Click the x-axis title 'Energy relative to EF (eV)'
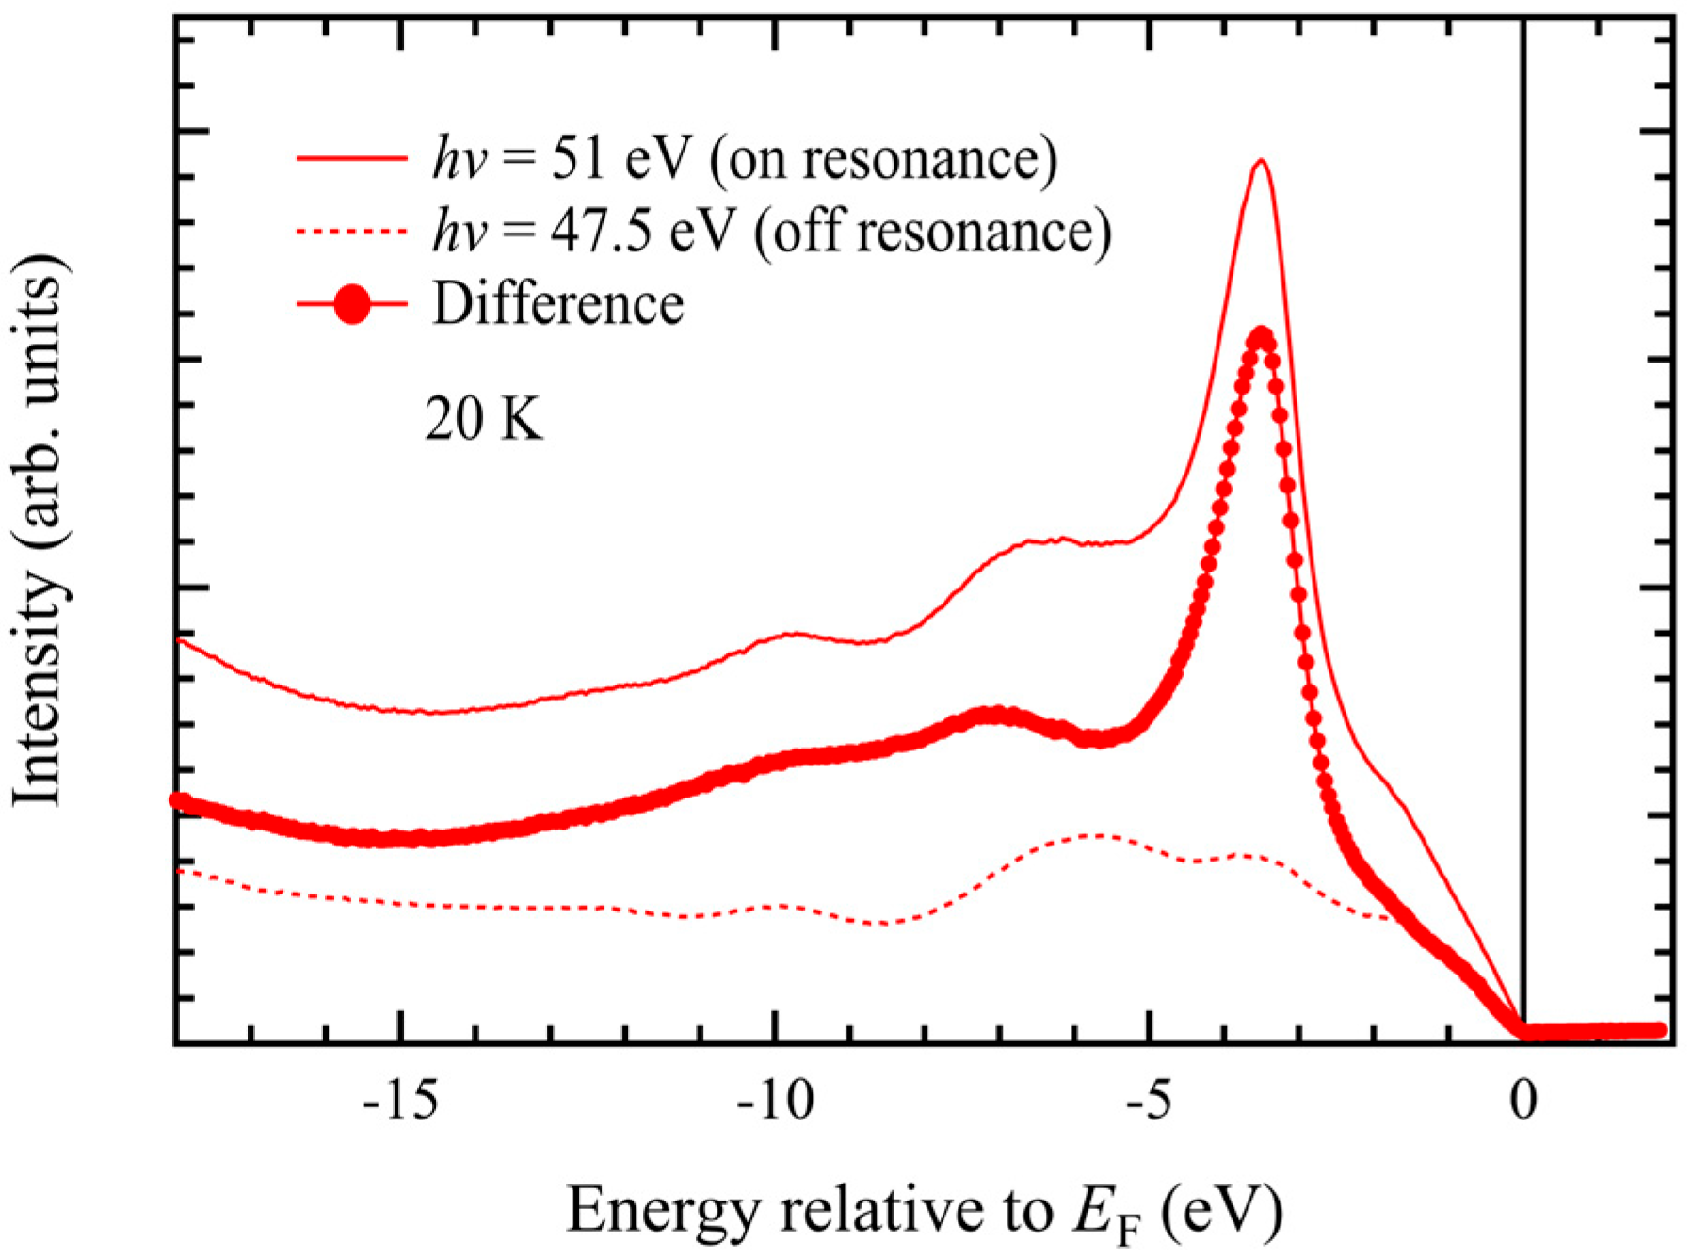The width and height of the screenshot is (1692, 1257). [924, 1212]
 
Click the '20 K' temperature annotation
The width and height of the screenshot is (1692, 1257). [484, 419]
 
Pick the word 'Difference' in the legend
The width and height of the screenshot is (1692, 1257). [557, 304]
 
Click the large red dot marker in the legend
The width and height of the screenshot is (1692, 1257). [352, 304]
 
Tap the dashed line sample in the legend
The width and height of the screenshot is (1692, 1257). [352, 231]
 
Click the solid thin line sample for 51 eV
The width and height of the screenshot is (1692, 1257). [352, 157]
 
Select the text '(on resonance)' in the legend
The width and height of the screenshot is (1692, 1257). [883, 158]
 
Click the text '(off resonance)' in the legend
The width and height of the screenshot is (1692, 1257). [932, 232]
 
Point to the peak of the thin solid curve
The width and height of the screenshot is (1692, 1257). [1262, 161]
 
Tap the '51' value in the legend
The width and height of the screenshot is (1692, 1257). [577, 157]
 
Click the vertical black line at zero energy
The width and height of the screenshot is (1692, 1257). [1523, 471]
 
